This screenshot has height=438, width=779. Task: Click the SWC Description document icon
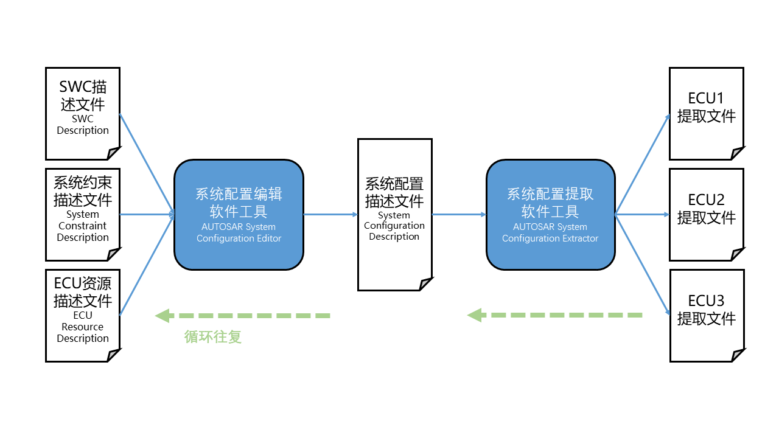tap(83, 113)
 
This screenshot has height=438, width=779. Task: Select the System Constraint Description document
tap(83, 214)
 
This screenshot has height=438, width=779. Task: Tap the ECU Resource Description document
tap(83, 315)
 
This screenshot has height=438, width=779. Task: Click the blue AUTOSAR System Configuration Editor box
tap(239, 214)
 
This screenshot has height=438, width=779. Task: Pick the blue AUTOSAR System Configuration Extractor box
tap(550, 214)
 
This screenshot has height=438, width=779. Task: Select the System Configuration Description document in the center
tap(394, 214)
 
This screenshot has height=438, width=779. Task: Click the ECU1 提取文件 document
tap(706, 113)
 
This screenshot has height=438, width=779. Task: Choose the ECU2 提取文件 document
tap(706, 214)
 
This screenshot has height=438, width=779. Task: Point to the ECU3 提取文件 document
tap(706, 315)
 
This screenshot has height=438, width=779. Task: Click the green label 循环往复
tap(213, 336)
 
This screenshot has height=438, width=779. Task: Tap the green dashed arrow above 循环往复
tap(243, 316)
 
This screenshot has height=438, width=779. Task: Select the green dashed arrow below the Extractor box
tap(555, 315)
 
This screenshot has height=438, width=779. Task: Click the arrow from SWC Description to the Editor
tap(147, 162)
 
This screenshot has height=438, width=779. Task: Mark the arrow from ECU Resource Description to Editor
tap(147, 265)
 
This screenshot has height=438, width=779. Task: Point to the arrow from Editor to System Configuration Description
tap(330, 214)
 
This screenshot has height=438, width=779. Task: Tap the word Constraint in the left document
tap(82, 226)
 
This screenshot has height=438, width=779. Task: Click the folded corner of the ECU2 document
tap(737, 254)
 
